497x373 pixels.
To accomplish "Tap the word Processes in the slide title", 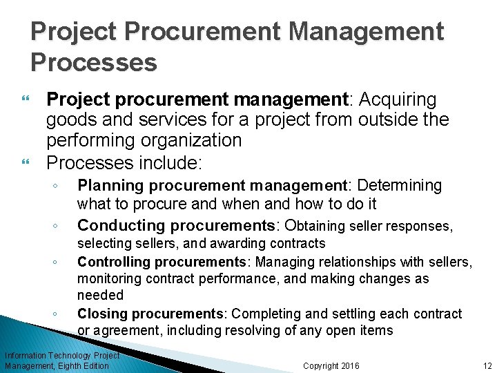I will click(94, 62).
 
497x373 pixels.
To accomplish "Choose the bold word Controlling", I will click(113, 261).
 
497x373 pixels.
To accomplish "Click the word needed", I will click(100, 295).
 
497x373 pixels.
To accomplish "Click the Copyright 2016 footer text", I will click(331, 365).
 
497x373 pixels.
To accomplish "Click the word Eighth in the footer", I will click(67, 365).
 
